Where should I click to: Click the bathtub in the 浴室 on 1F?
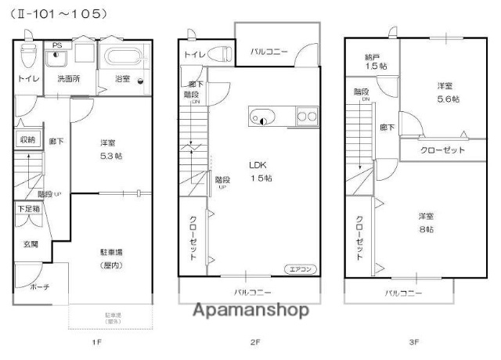click(x=123, y=59)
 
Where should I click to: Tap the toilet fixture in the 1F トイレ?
click(x=29, y=55)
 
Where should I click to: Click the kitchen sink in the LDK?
click(x=261, y=117)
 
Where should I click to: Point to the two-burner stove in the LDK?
click(x=307, y=117)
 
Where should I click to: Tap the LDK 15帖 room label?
click(x=261, y=171)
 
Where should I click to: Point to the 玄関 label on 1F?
click(x=30, y=245)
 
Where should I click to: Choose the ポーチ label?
click(x=40, y=287)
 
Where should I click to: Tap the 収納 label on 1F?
click(x=27, y=140)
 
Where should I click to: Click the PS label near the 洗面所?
click(x=56, y=45)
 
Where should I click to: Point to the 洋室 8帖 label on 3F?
click(x=426, y=221)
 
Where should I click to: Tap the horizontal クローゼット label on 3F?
click(x=442, y=149)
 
